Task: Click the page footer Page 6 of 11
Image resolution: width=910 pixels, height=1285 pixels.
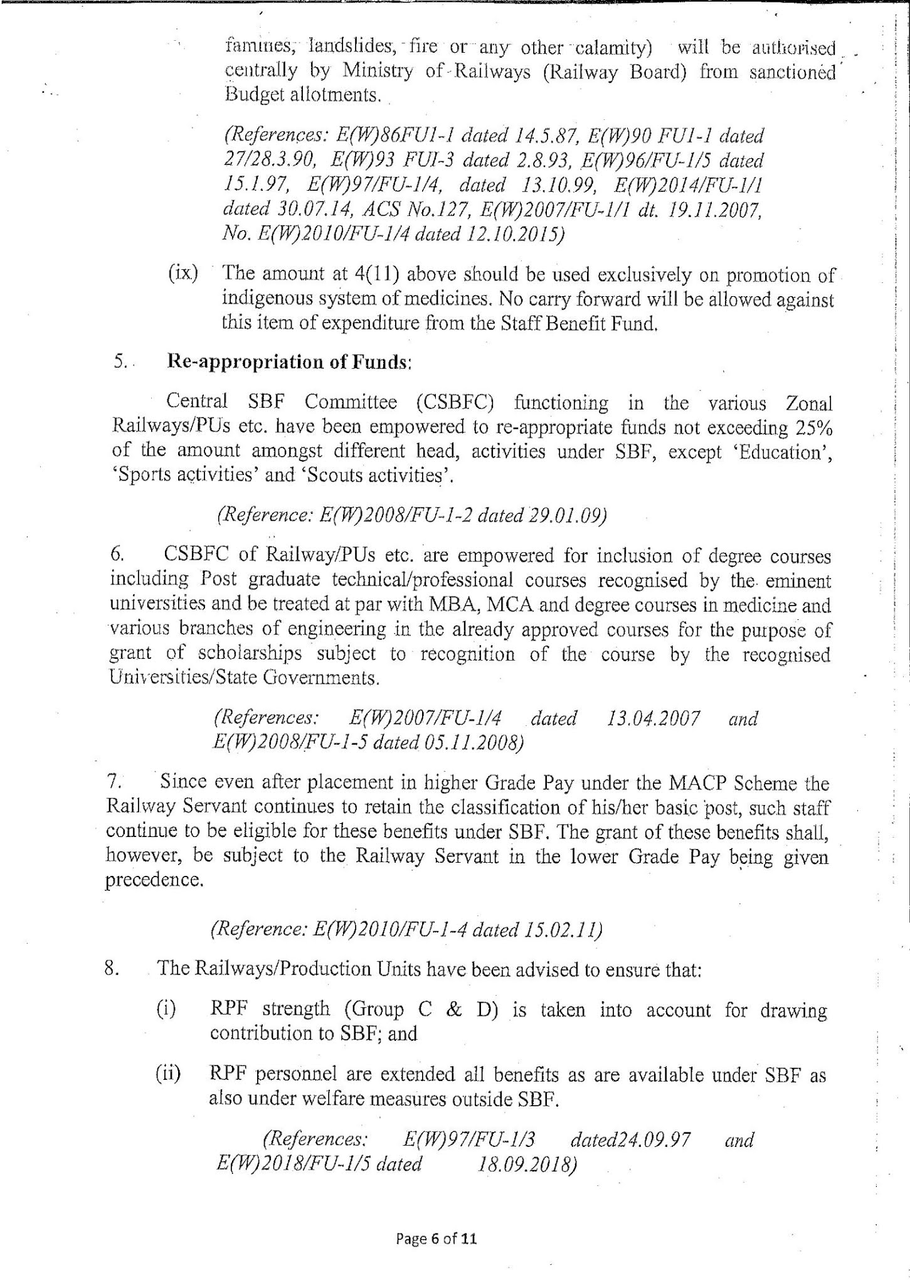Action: pos(436,1239)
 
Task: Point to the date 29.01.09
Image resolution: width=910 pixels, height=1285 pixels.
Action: pos(568,515)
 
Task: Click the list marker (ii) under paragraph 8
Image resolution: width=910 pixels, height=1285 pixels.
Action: pos(168,1074)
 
